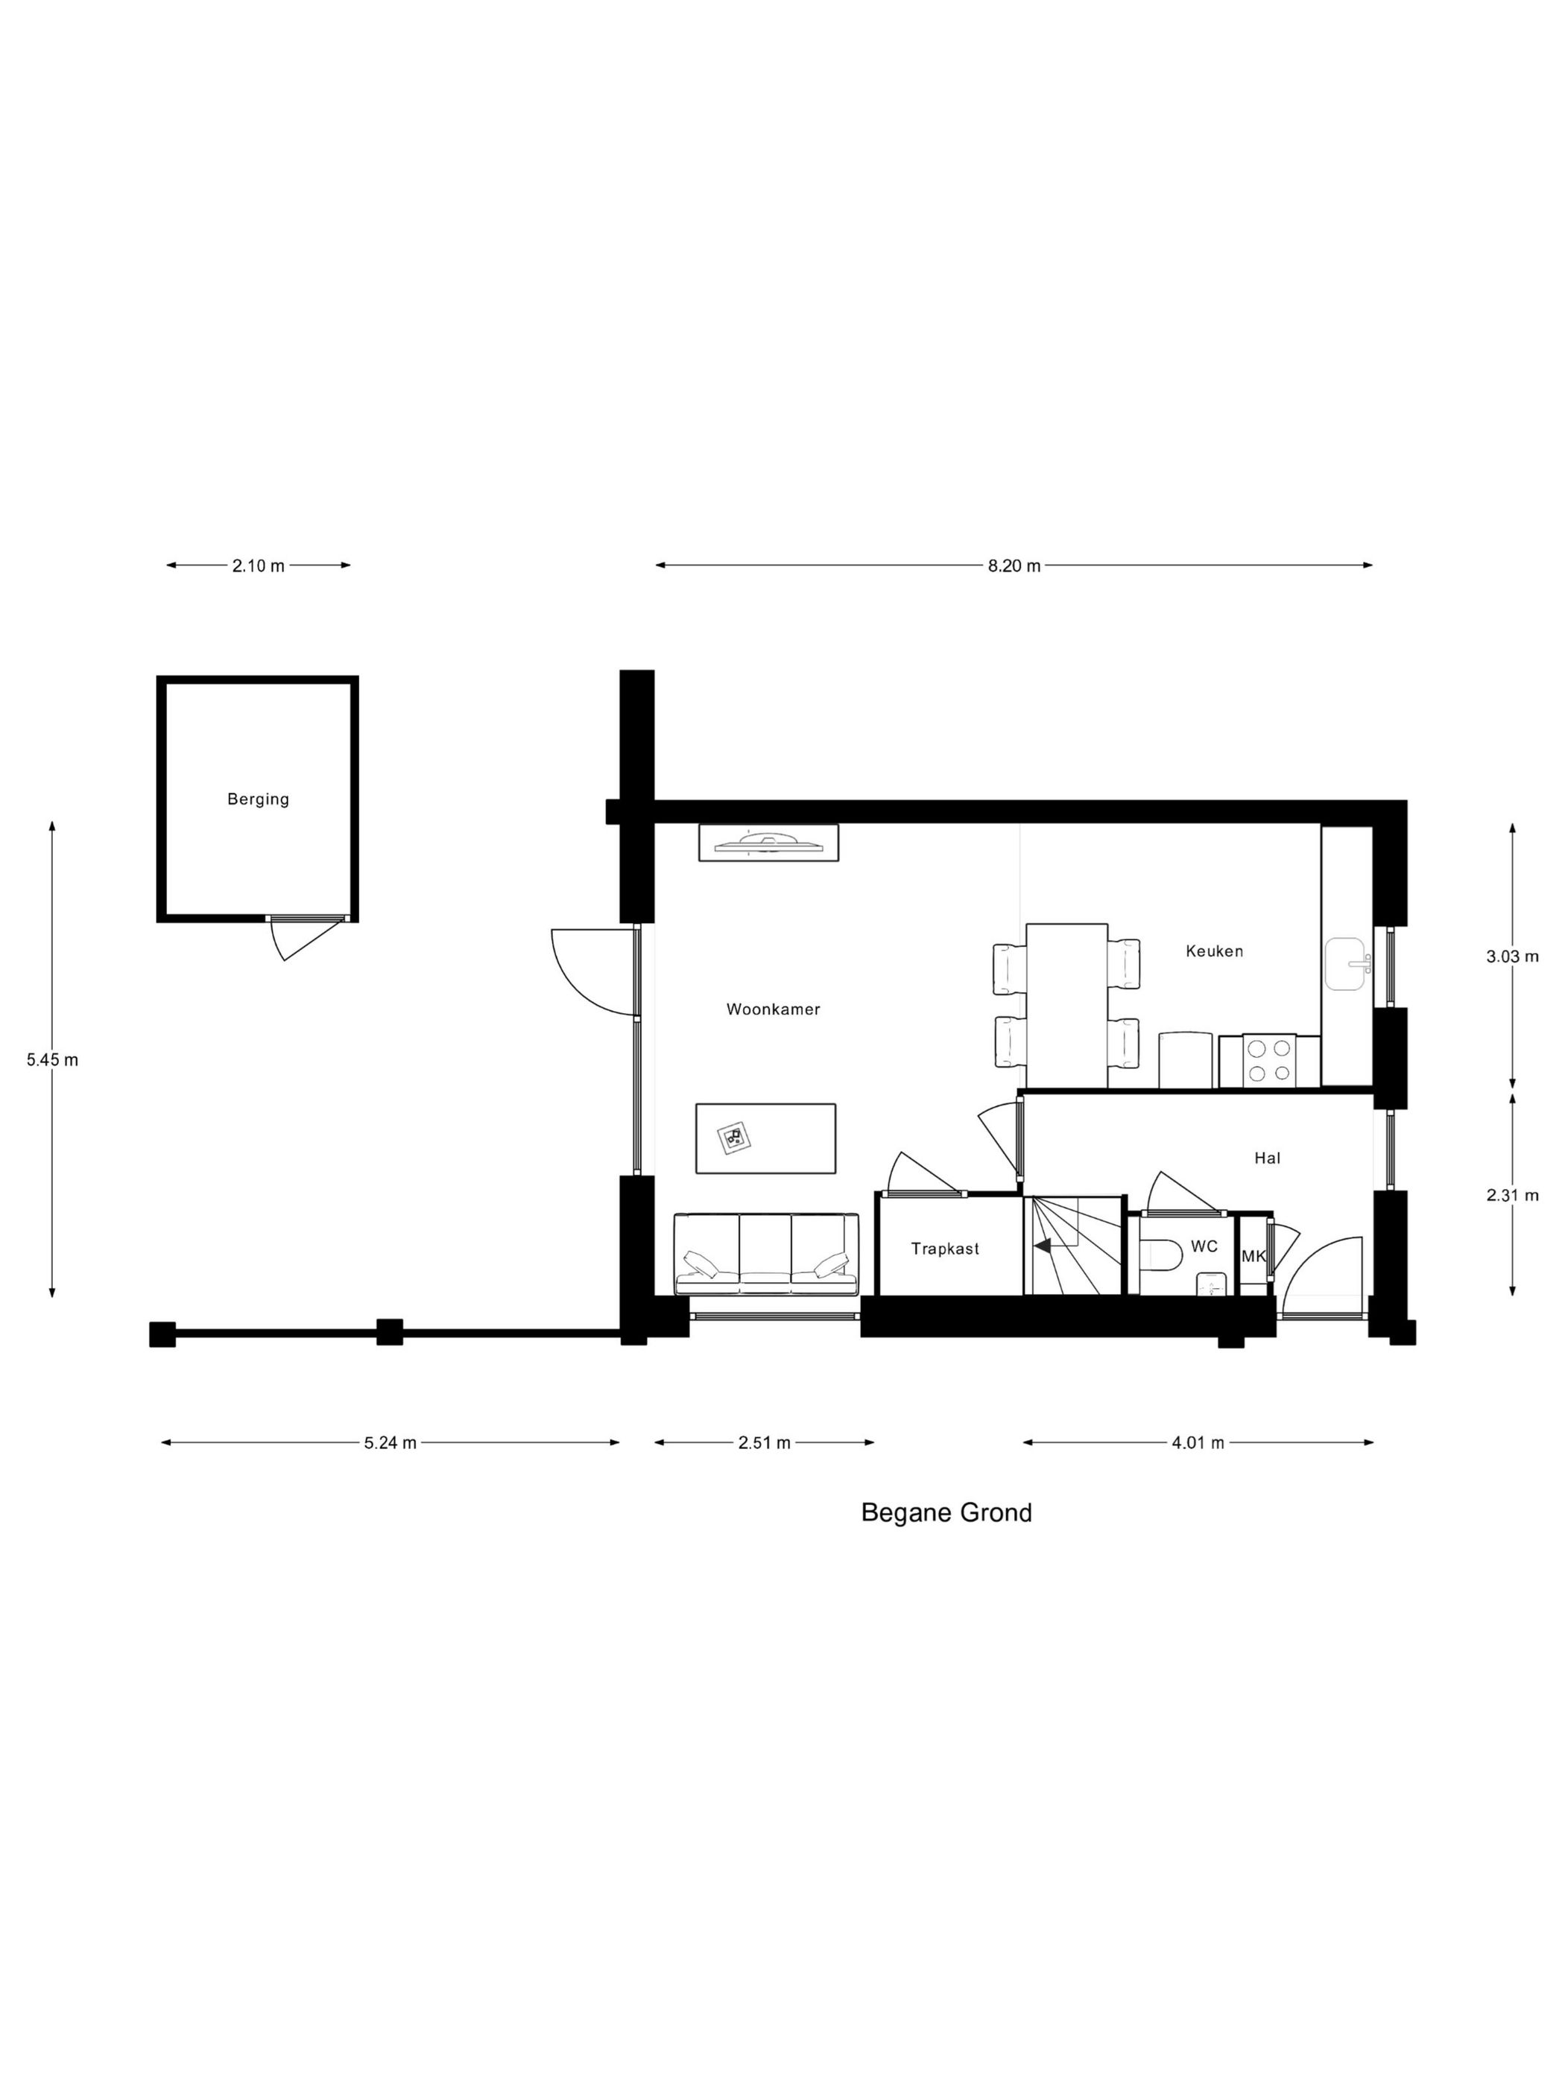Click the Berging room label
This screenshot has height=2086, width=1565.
pos(258,799)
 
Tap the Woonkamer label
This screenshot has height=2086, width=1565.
pos(773,1009)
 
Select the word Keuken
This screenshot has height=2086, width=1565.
pos(1214,951)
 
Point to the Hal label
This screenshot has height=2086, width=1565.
pos(1267,1158)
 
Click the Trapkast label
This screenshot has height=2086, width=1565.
pos(944,1249)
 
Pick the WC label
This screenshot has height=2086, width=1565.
pos(1204,1246)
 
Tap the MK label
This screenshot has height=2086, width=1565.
pos(1253,1256)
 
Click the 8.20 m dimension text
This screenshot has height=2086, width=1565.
pos(1014,565)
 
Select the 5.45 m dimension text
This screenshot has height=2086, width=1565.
pos(52,1059)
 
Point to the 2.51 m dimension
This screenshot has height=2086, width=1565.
pos(764,1442)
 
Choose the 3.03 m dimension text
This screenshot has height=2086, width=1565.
pos(1512,957)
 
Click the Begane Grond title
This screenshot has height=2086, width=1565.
pos(946,1512)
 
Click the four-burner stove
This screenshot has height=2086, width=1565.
pos(1269,1061)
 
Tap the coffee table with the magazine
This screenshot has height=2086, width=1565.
pos(766,1138)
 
